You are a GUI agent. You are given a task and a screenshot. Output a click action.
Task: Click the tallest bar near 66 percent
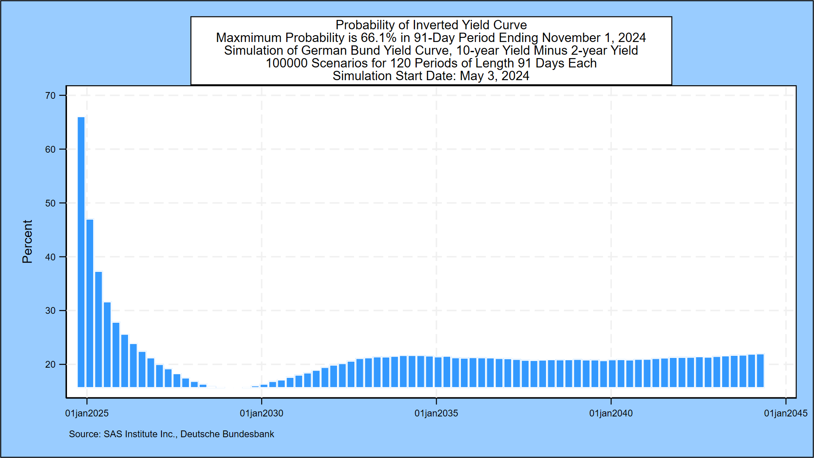tap(81, 252)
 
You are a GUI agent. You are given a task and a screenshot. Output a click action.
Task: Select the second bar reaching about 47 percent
tap(90, 303)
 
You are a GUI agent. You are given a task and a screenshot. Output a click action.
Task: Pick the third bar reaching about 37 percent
tap(98, 329)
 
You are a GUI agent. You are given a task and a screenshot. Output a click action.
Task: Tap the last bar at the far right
tap(760, 371)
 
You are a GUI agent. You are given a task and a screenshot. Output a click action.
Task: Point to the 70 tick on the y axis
tap(50, 96)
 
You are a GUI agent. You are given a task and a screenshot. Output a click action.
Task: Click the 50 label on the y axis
tap(50, 203)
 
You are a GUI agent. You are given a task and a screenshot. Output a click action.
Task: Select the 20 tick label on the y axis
tap(50, 364)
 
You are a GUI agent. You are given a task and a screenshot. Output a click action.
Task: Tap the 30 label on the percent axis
tap(50, 311)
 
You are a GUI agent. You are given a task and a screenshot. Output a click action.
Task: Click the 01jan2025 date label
tap(87, 413)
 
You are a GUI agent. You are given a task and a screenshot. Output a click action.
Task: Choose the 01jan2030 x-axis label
tap(262, 413)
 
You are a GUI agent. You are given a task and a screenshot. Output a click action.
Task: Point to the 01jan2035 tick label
tap(436, 413)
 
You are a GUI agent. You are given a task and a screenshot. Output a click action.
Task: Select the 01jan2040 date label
tap(611, 413)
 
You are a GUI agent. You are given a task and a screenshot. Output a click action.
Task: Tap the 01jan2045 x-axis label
tap(786, 413)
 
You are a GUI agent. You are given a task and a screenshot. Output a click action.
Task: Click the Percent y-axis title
tap(28, 241)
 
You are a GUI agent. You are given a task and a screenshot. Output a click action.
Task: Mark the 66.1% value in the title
tap(379, 38)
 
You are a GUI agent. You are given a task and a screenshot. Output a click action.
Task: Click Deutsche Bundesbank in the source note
tap(227, 434)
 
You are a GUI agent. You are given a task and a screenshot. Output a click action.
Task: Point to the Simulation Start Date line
tap(431, 76)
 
